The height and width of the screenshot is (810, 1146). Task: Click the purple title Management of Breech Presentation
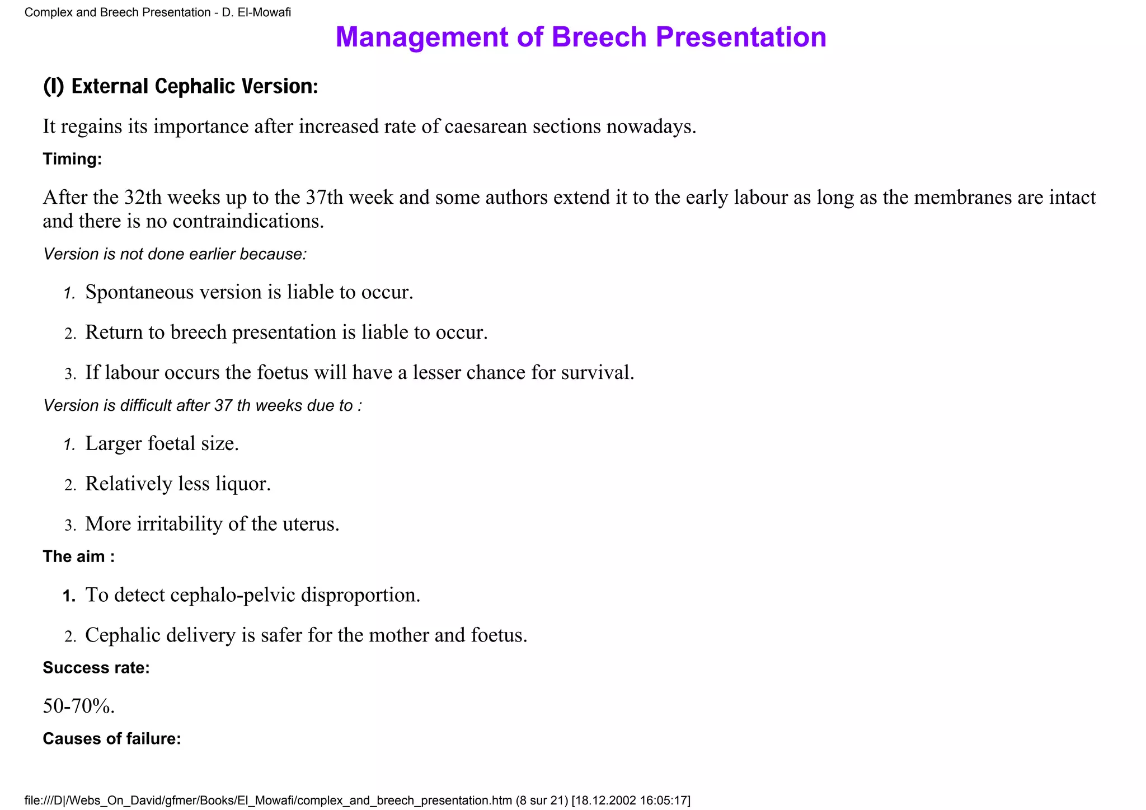tap(581, 37)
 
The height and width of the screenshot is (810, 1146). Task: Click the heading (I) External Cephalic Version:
tap(181, 86)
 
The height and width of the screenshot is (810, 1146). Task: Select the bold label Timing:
tap(72, 160)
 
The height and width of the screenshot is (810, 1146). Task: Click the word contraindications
tap(248, 222)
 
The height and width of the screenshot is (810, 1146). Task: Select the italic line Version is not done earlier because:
tap(175, 254)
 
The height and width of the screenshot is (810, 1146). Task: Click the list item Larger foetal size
tap(162, 443)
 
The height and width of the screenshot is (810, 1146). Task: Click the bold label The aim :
tap(79, 556)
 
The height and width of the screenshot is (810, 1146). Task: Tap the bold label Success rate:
tap(96, 668)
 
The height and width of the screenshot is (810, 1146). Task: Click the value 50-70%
tap(78, 706)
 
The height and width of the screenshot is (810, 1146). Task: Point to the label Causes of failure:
tap(112, 739)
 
